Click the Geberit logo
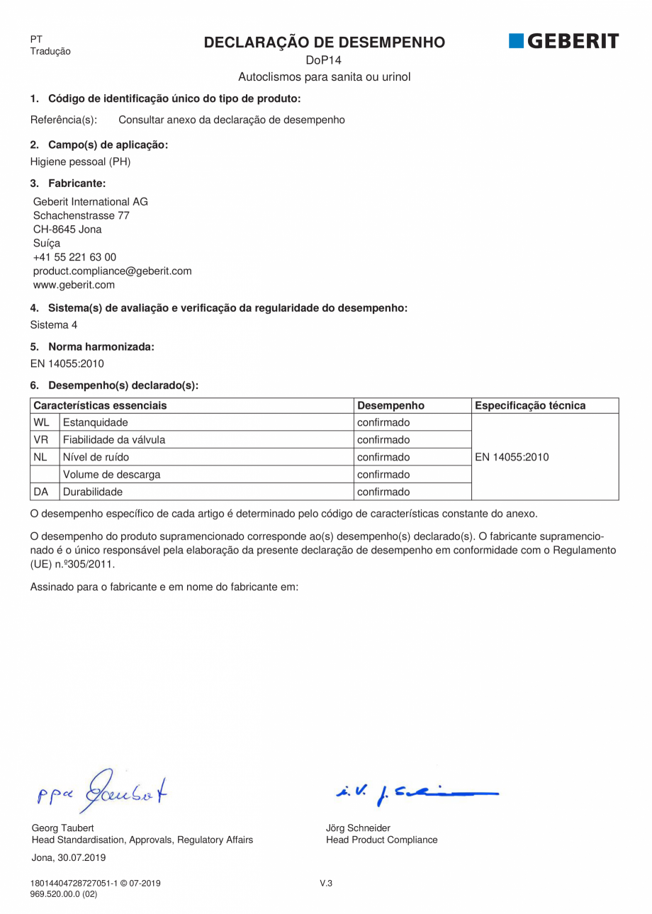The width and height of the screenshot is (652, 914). (563, 41)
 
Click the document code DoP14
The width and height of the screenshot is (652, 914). (325, 60)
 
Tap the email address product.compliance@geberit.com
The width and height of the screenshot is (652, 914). (112, 271)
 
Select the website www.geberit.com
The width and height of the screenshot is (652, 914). (74, 285)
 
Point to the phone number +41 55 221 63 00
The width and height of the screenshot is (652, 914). (74, 257)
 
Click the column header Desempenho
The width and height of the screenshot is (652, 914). (390, 406)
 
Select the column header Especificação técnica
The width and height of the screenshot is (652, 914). (530, 406)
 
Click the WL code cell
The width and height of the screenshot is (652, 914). (41, 423)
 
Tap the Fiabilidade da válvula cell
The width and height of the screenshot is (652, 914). (114, 440)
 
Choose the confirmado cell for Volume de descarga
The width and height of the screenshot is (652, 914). (383, 474)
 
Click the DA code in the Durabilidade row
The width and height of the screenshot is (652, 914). (41, 491)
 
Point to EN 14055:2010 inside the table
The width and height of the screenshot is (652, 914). (512, 457)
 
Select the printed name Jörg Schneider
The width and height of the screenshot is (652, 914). (358, 828)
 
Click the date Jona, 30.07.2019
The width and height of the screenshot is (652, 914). (69, 857)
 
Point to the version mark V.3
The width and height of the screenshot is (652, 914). (326, 883)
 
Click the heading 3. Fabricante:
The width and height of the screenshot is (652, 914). (67, 184)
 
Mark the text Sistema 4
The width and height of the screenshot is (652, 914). (54, 325)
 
